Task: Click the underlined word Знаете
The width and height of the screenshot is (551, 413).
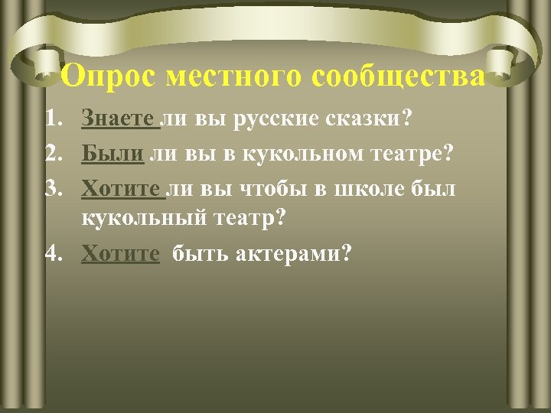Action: [119, 120]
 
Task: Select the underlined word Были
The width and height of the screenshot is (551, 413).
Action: [112, 154]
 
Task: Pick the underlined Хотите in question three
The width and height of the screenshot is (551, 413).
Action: [120, 187]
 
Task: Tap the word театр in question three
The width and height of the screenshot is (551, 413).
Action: [248, 218]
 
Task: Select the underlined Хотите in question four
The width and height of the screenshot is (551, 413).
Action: [120, 252]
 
